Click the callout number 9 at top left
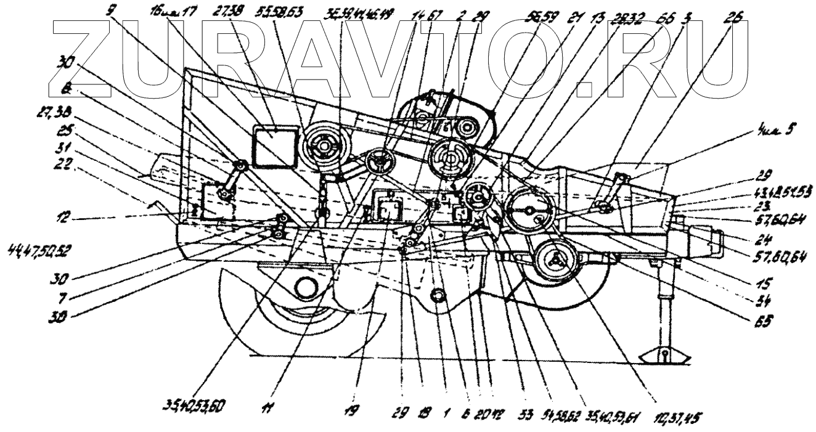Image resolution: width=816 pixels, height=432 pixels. click(110, 10)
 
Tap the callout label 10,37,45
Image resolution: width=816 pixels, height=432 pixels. click(676, 417)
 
